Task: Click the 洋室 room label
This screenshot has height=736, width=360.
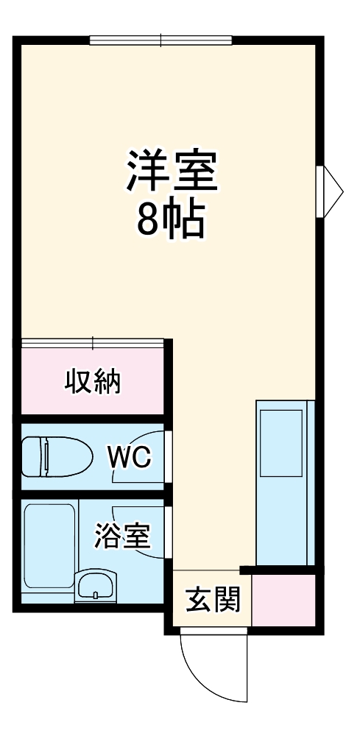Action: (x=173, y=170)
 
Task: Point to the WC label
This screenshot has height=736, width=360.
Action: (x=130, y=458)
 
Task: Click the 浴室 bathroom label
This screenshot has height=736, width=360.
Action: (x=122, y=537)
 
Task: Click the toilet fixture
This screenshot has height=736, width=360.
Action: (x=56, y=456)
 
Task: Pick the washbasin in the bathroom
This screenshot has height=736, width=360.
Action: (x=95, y=587)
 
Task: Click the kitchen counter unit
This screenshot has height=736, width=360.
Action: (x=285, y=482)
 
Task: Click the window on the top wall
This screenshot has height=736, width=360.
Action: (x=160, y=39)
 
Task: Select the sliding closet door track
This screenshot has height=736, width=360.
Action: (x=93, y=342)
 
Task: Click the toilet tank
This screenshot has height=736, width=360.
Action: (x=30, y=456)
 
